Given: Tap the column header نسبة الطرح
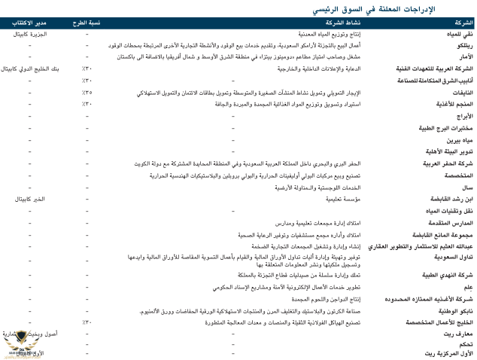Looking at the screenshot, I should tap(87, 23).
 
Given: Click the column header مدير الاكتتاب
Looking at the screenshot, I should tap(29, 23).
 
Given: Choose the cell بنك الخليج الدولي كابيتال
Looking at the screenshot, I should tap(29, 69).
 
